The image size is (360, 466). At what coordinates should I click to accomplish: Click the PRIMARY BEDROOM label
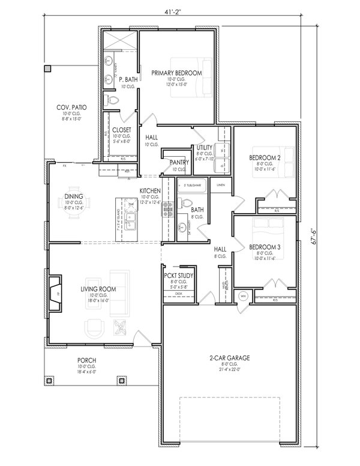coord(176,73)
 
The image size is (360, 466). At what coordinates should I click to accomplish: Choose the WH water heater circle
coord(243,295)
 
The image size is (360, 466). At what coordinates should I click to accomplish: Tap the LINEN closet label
coord(220,184)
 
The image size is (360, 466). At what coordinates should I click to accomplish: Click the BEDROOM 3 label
coord(265,246)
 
